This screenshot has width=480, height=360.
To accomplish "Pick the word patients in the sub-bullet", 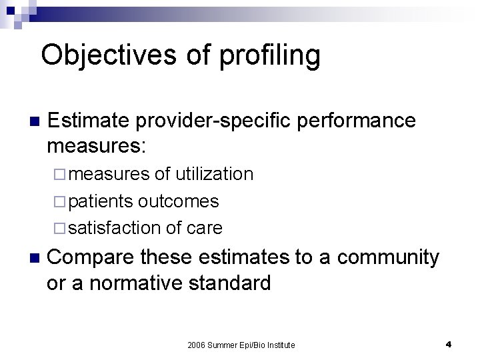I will (x=101, y=201).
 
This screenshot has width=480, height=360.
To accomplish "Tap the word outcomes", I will (x=179, y=201).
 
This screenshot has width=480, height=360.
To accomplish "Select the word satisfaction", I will (x=114, y=227).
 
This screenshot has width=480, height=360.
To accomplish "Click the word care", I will (x=204, y=227).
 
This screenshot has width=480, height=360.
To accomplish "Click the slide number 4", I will (x=449, y=344).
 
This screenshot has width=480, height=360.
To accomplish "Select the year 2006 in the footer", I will (x=198, y=345).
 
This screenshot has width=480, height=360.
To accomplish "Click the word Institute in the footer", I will (x=279, y=345).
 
